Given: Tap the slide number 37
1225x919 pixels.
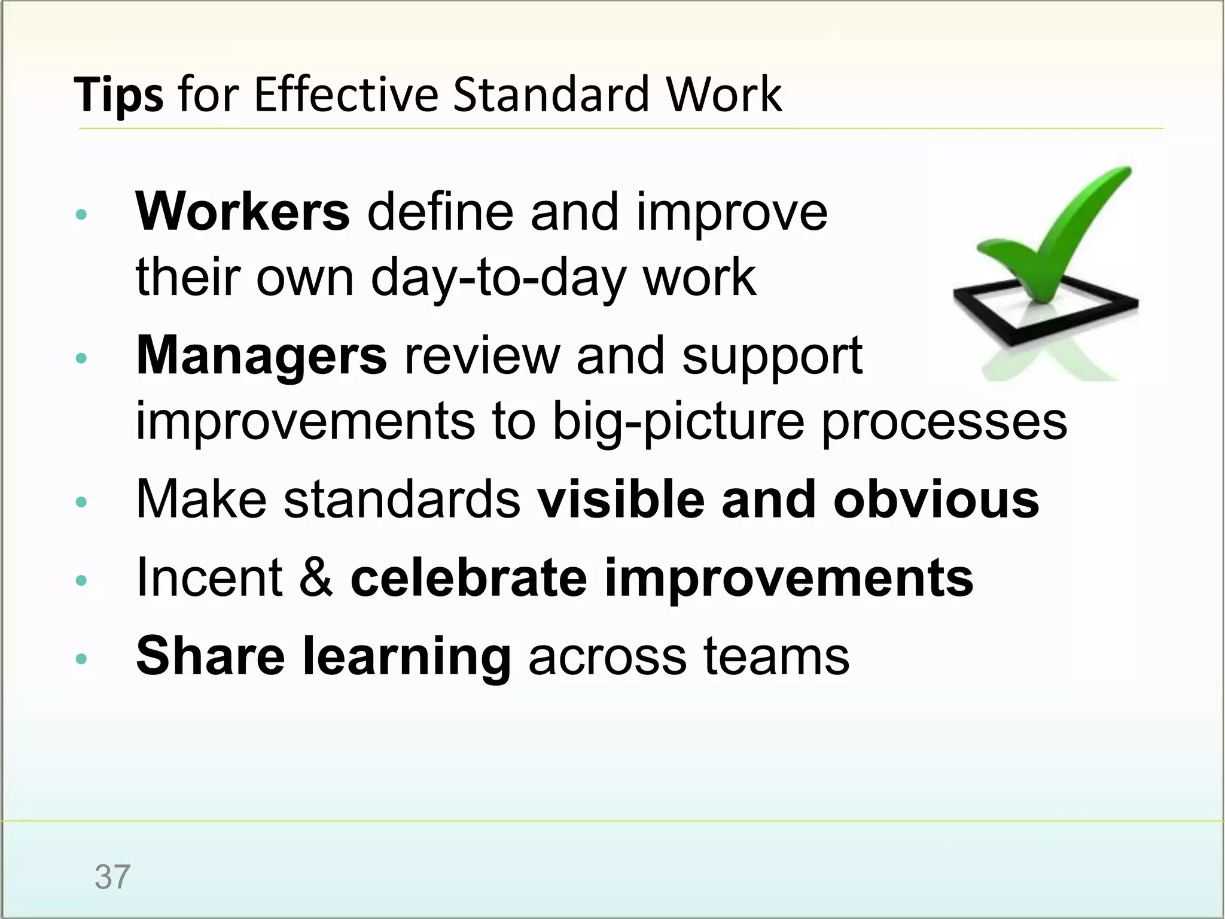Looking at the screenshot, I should coord(112,877).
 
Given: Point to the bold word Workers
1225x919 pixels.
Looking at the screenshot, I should coord(243,212).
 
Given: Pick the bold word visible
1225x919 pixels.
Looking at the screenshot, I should coord(620,500).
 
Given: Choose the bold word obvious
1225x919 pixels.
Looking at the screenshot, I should coord(937,500).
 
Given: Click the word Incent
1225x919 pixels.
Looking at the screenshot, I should coord(209,577).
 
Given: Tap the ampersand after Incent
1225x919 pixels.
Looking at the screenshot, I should coord(316,577).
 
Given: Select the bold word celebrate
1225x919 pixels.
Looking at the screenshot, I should coord(469,577).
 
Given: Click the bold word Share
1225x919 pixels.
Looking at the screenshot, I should coord(211,656).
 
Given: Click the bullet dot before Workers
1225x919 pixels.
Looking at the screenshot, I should coord(82,215).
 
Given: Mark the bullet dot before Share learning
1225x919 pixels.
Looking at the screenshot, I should coord(82,659).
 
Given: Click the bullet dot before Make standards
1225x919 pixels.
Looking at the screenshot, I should coord(82,503).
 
